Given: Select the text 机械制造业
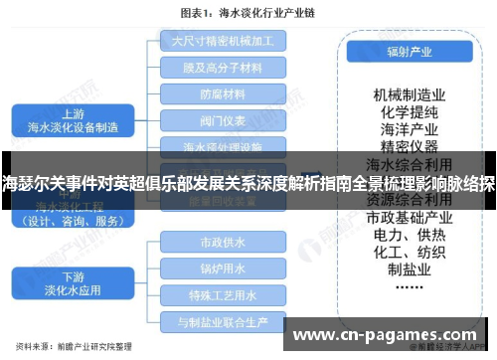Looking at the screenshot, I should tap(407, 94).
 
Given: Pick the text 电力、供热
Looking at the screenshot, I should tap(407, 235).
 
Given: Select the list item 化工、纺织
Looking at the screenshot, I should tap(407, 253).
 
